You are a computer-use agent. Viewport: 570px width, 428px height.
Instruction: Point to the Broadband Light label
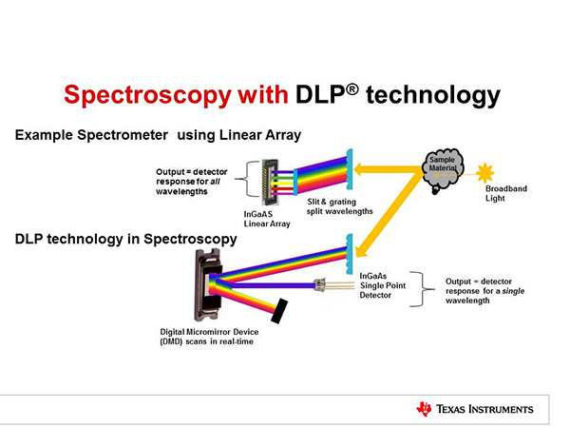click(x=505, y=194)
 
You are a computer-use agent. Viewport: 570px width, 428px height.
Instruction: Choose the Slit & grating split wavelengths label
click(x=339, y=206)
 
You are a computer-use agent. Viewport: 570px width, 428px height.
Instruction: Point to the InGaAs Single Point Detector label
click(x=382, y=285)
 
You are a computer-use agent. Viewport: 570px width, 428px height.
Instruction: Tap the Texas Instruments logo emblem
click(x=424, y=409)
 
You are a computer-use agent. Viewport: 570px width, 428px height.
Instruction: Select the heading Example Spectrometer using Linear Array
click(x=158, y=136)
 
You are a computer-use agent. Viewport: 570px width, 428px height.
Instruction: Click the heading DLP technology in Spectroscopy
click(x=125, y=238)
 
